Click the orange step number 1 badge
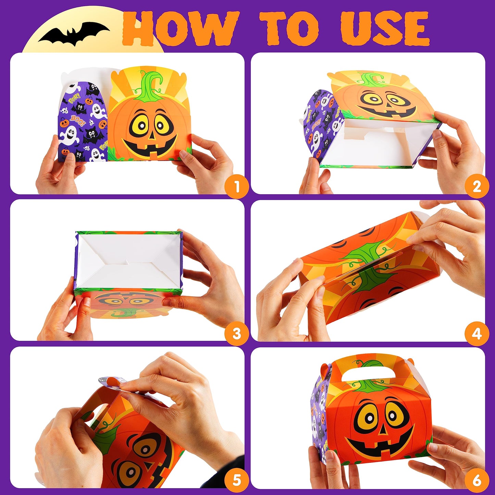pyautogui.click(x=236, y=187)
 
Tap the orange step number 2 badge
pyautogui.click(x=477, y=187)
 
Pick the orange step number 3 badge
pyautogui.click(x=236, y=333)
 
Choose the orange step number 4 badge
pyautogui.click(x=477, y=333)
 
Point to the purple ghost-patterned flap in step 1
pyautogui.click(x=83, y=123)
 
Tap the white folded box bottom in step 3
pyautogui.click(x=128, y=260)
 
